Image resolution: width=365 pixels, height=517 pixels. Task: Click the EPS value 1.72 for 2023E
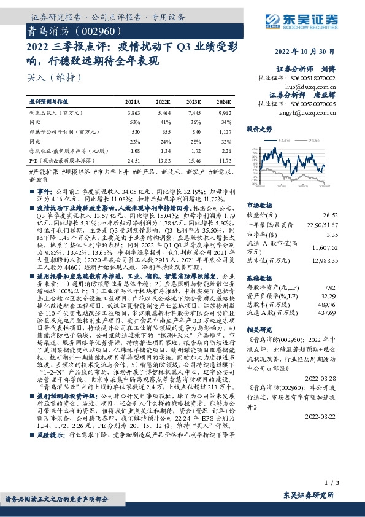tap(194, 150)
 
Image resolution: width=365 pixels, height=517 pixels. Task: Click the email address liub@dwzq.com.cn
tap(323, 87)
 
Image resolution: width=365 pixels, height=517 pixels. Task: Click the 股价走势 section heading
tap(259, 130)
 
